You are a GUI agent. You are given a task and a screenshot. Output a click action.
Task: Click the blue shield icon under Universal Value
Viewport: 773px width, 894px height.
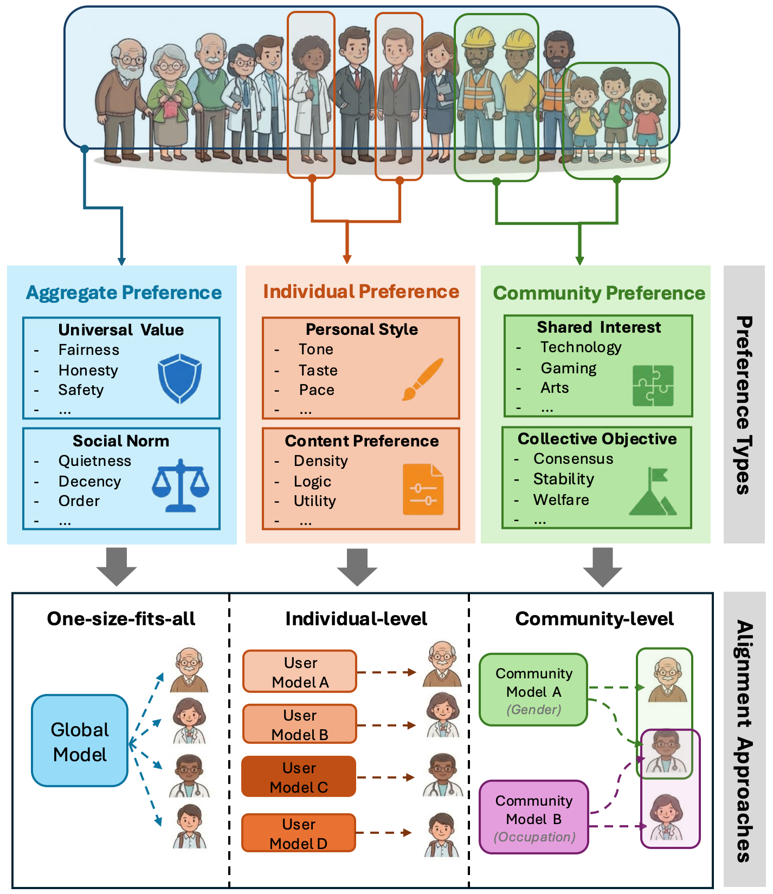(x=179, y=378)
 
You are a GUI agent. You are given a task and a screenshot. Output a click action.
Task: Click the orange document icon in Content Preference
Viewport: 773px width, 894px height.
(x=423, y=489)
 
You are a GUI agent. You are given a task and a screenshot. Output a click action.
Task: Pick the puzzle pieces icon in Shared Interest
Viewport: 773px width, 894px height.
(x=653, y=385)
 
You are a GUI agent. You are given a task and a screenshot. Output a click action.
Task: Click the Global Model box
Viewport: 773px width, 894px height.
(x=80, y=741)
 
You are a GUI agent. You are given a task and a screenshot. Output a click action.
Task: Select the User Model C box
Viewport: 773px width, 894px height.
(x=299, y=777)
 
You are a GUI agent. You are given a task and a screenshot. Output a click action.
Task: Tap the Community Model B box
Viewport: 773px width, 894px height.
(x=534, y=817)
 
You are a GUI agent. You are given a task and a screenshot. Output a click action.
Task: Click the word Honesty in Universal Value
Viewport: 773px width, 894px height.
(x=88, y=371)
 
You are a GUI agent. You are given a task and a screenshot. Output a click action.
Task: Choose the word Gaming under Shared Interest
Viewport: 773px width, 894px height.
(x=569, y=368)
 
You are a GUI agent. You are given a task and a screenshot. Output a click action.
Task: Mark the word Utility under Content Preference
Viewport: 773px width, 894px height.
(x=315, y=501)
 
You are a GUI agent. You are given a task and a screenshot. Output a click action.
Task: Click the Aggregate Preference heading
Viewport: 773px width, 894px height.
(x=124, y=293)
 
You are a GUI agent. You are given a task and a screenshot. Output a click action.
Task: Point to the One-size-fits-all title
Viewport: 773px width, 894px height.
(x=121, y=619)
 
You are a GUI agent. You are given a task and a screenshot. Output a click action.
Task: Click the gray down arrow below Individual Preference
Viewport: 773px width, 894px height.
(x=357, y=567)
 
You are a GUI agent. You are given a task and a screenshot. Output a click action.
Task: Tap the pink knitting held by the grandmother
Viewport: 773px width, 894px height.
(x=171, y=108)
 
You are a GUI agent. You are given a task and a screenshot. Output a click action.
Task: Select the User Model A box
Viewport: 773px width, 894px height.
(x=300, y=672)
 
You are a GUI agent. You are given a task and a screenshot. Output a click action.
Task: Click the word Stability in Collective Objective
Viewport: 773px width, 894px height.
(x=564, y=479)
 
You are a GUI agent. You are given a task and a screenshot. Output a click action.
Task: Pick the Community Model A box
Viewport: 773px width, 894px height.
(x=534, y=690)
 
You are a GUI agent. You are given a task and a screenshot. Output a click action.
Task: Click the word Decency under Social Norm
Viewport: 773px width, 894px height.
(x=90, y=482)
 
